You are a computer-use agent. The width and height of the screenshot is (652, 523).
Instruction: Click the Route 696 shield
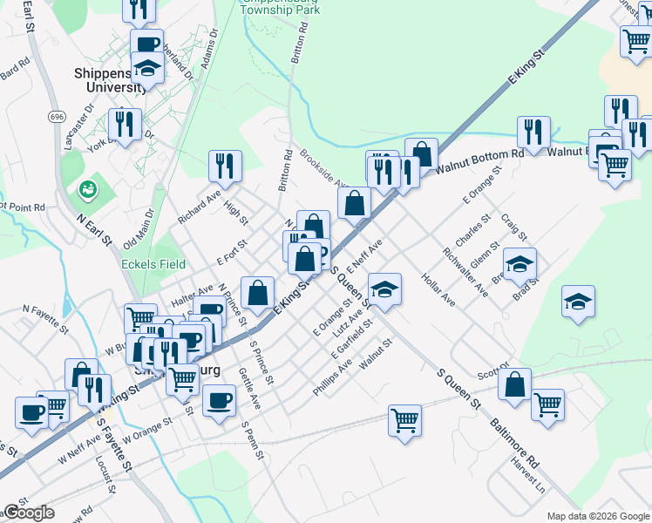(58, 116)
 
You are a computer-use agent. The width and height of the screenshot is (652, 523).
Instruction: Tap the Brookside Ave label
(323, 168)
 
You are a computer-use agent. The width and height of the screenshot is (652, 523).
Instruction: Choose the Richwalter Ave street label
(464, 271)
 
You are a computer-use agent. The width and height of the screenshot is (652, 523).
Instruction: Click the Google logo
(29, 513)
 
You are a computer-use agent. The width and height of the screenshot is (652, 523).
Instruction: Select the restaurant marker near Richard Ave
(225, 165)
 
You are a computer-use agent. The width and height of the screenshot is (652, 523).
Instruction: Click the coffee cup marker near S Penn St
(219, 399)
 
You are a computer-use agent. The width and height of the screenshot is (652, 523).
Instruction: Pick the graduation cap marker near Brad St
(520, 263)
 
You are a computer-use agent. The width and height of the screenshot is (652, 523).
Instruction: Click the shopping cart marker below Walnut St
(405, 420)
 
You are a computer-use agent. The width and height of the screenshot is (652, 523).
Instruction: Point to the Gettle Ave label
(249, 389)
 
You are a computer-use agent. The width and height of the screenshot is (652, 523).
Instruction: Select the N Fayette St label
(45, 319)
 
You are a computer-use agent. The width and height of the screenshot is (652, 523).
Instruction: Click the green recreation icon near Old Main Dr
(87, 188)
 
